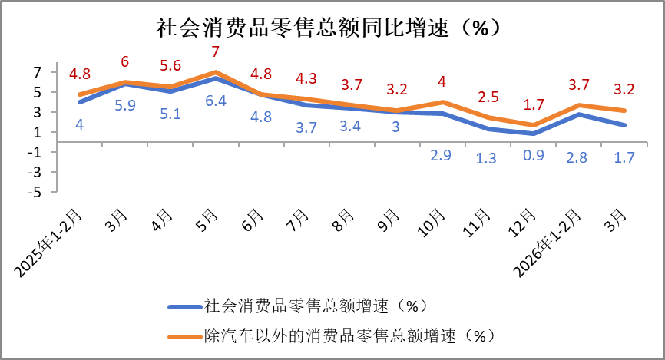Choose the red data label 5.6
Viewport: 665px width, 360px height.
tap(170, 66)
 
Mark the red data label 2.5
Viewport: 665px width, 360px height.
tap(488, 97)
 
